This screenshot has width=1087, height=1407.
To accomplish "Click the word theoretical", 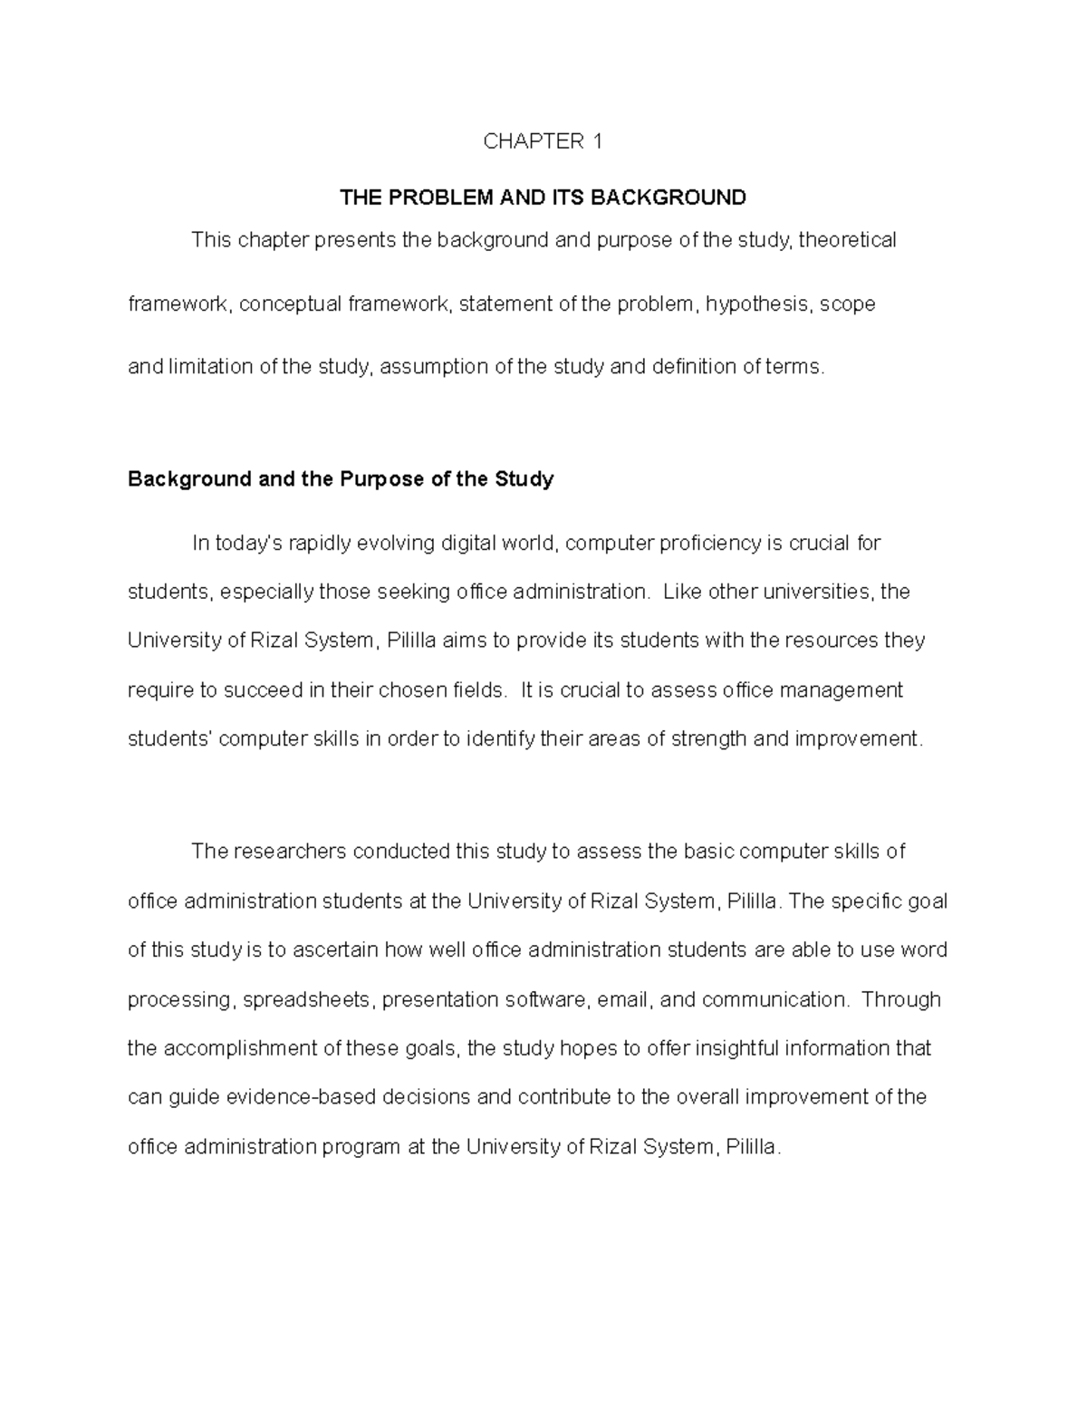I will (847, 240).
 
